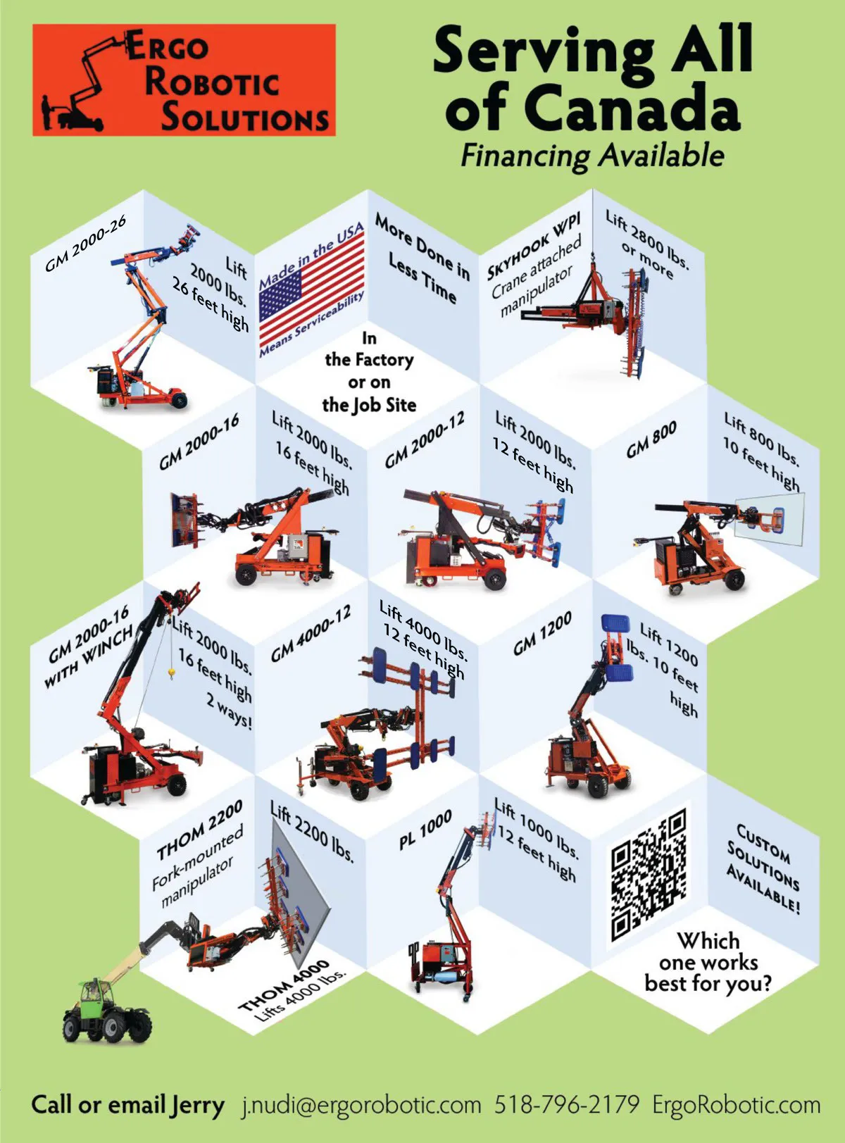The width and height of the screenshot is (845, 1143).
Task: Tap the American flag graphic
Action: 312,290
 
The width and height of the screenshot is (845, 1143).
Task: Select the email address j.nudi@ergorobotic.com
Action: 362,1105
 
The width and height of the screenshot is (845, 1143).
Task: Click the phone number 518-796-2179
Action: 567,1104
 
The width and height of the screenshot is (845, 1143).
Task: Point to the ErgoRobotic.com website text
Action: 737,1105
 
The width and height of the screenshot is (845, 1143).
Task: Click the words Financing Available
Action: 592,155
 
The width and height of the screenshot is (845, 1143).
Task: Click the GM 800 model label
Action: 651,439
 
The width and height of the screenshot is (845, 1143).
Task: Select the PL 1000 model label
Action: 425,830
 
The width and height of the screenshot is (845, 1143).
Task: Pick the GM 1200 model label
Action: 542,633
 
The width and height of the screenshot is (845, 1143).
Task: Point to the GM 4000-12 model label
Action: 311,632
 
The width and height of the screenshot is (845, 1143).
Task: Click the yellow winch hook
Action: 171,671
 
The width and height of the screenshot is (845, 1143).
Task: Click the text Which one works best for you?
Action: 708,962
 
